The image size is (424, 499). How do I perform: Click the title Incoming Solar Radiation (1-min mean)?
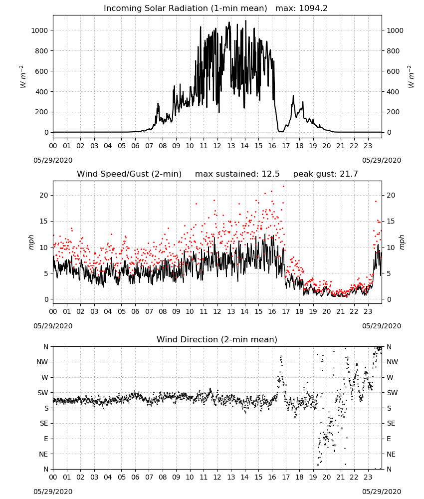click(x=186, y=8)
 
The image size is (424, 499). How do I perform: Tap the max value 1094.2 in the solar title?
click(x=313, y=8)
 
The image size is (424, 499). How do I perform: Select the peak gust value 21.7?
click(x=349, y=174)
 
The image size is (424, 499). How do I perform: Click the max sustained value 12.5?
click(x=271, y=174)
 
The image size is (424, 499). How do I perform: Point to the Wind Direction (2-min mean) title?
click(x=217, y=339)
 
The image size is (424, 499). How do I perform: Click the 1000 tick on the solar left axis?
click(x=39, y=30)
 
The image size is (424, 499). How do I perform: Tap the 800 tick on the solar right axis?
click(x=393, y=51)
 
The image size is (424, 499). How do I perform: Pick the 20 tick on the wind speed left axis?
click(x=44, y=196)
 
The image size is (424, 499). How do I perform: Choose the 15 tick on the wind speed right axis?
click(x=391, y=221)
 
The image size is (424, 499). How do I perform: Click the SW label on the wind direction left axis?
click(x=43, y=393)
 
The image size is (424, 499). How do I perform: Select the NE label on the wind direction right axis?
click(x=391, y=454)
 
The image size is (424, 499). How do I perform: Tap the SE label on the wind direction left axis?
click(x=44, y=423)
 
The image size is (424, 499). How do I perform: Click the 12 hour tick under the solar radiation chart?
click(x=217, y=146)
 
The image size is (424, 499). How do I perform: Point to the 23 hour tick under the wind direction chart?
click(x=368, y=477)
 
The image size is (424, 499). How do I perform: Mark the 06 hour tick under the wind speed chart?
click(x=135, y=311)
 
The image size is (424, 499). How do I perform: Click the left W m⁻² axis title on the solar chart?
click(x=22, y=77)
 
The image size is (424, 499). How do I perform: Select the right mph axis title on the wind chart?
click(x=402, y=242)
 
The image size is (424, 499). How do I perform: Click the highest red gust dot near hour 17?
click(x=284, y=187)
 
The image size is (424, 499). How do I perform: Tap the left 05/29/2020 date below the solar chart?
click(x=53, y=160)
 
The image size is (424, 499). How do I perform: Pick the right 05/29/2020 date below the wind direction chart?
click(x=382, y=492)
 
